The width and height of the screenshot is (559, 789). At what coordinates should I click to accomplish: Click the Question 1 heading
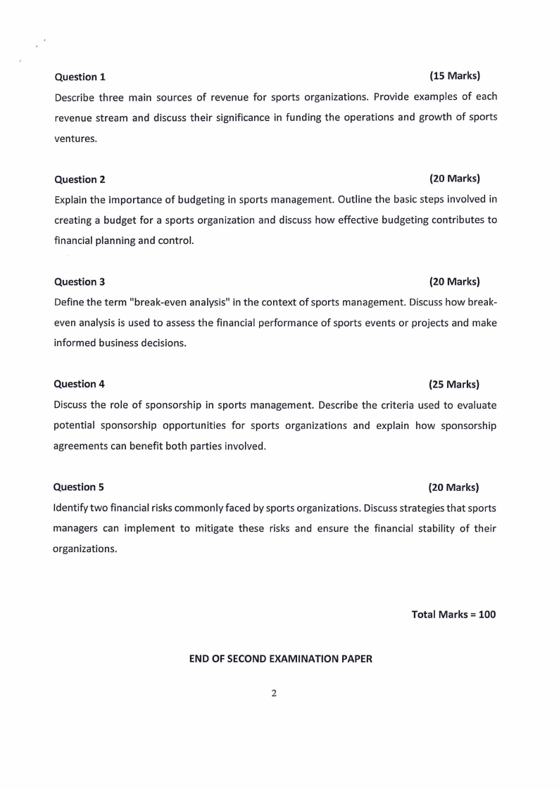pyautogui.click(x=80, y=77)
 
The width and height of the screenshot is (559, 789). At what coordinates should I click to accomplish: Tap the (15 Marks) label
pyautogui.click(x=454, y=75)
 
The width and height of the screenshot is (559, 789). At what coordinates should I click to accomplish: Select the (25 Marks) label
pyautogui.click(x=454, y=384)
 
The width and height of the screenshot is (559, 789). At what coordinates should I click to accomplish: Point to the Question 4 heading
pyautogui.click(x=80, y=384)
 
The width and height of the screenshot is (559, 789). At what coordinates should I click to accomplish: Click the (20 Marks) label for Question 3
pyautogui.click(x=454, y=281)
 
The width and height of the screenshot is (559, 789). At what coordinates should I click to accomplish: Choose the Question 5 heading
pyautogui.click(x=79, y=487)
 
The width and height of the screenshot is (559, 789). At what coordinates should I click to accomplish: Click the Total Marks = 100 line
pyautogui.click(x=453, y=614)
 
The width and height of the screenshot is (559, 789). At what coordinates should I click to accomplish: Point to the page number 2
pyautogui.click(x=274, y=693)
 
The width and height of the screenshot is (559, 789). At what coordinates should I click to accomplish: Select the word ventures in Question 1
pyautogui.click(x=75, y=139)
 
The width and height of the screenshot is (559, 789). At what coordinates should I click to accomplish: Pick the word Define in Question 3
pyautogui.click(x=69, y=302)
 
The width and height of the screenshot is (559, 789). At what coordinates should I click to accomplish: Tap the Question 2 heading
pyautogui.click(x=80, y=179)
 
